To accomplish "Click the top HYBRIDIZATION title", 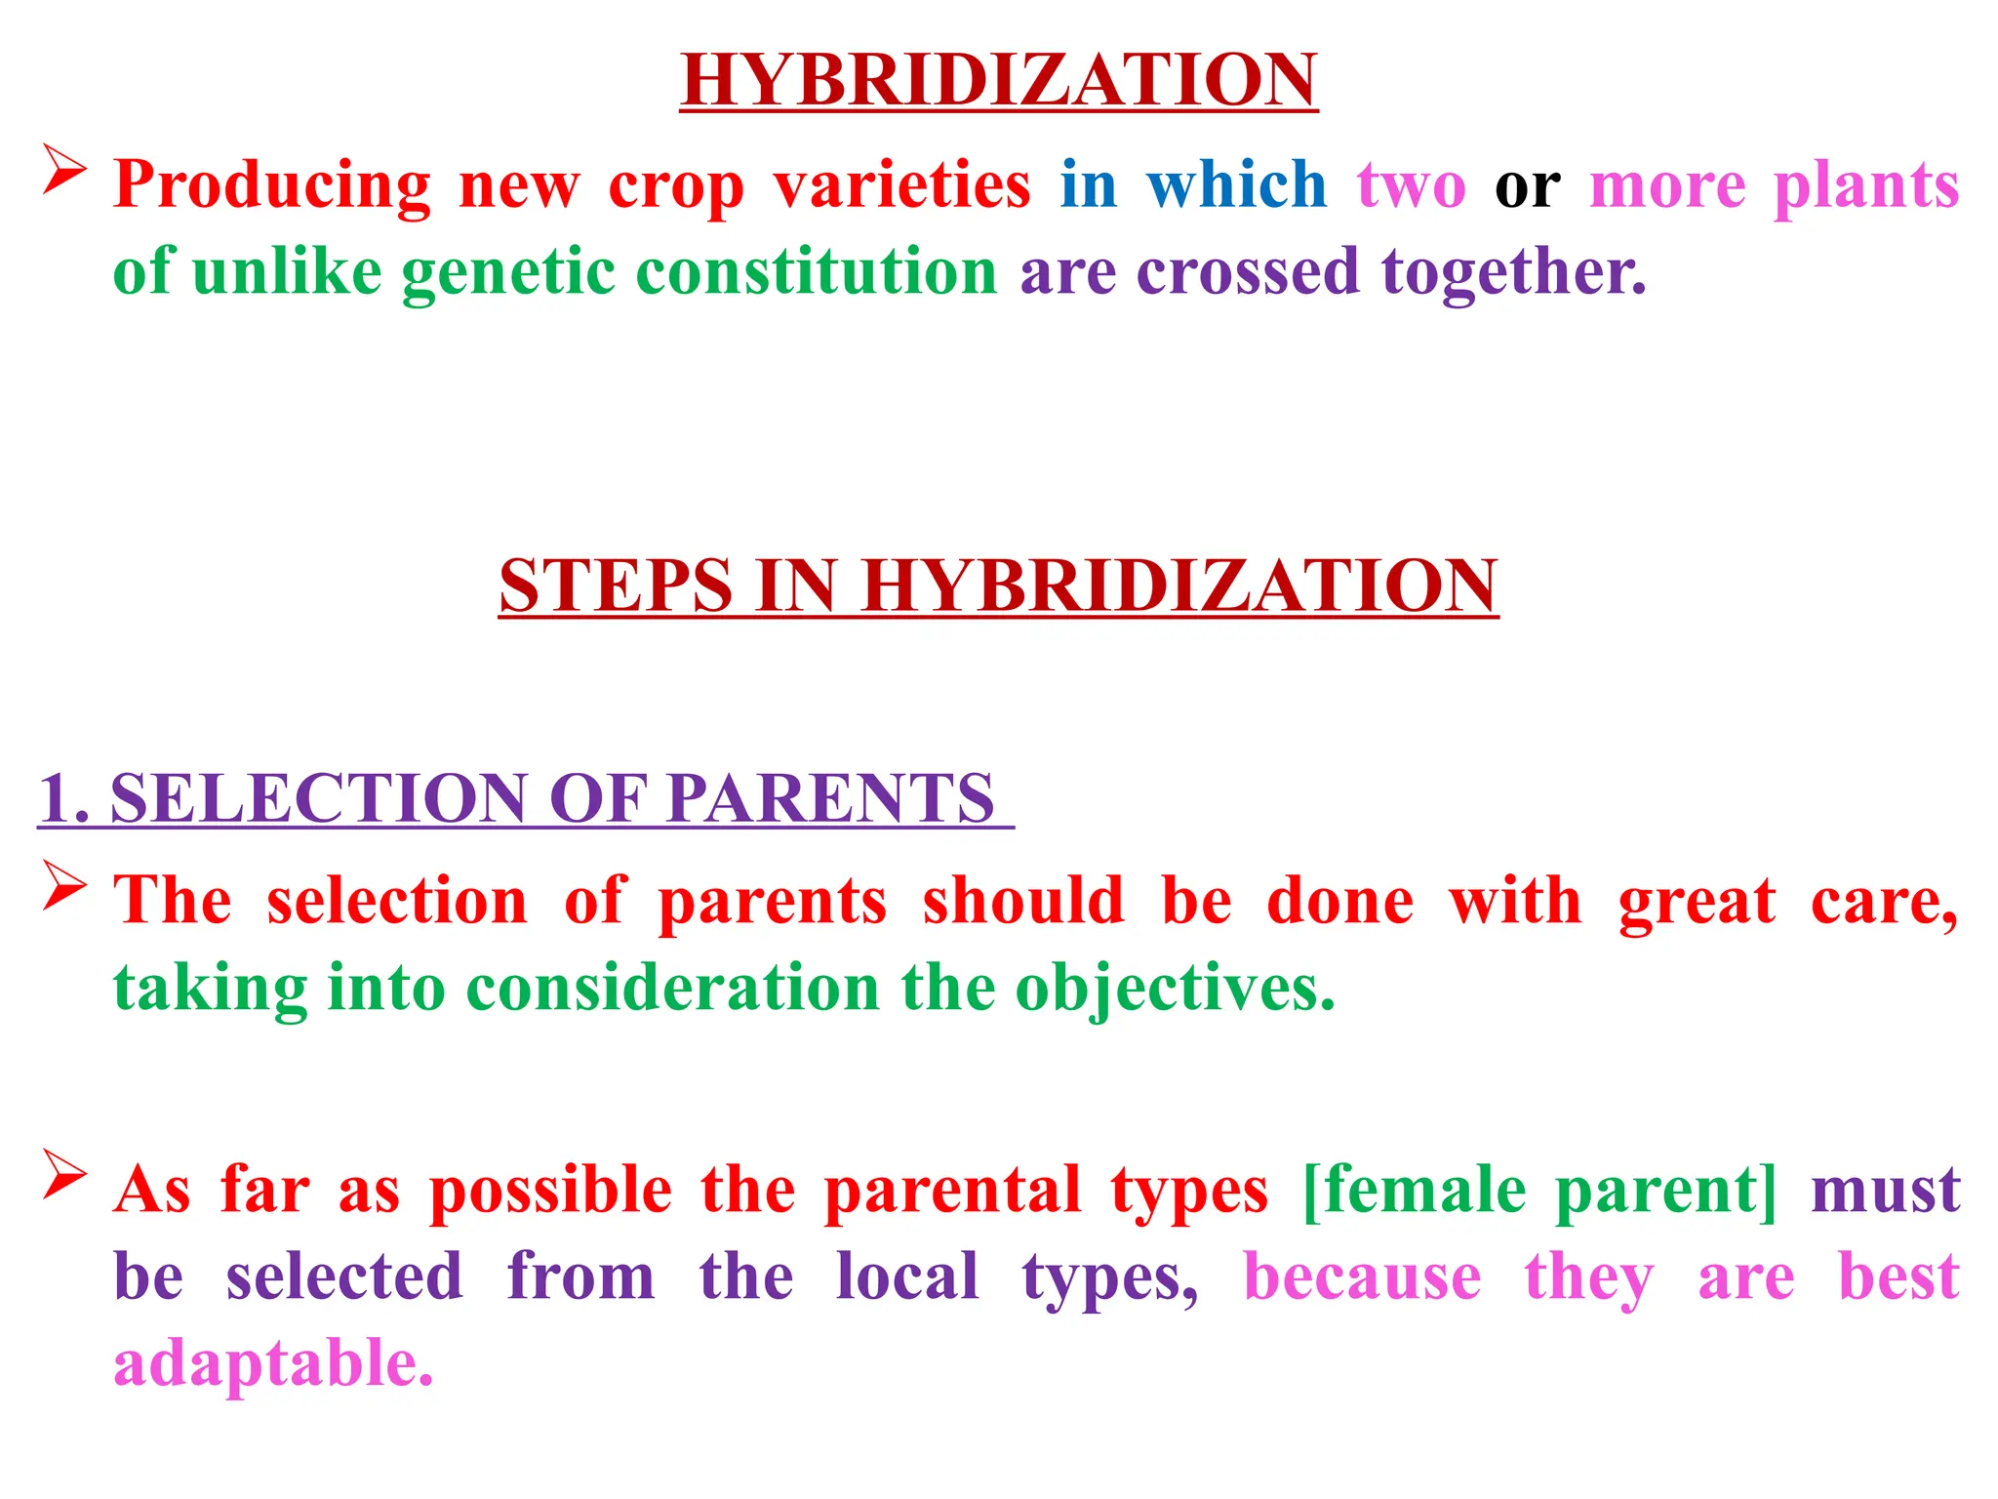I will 998,80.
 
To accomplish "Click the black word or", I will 1527,185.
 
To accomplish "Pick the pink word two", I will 1411,185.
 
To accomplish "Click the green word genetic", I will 508,273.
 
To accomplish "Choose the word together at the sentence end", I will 1513,273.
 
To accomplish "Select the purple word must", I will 1885,1191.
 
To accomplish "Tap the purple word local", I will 907,1276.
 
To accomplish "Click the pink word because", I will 1362,1276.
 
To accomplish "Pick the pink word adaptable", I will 273,1364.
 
